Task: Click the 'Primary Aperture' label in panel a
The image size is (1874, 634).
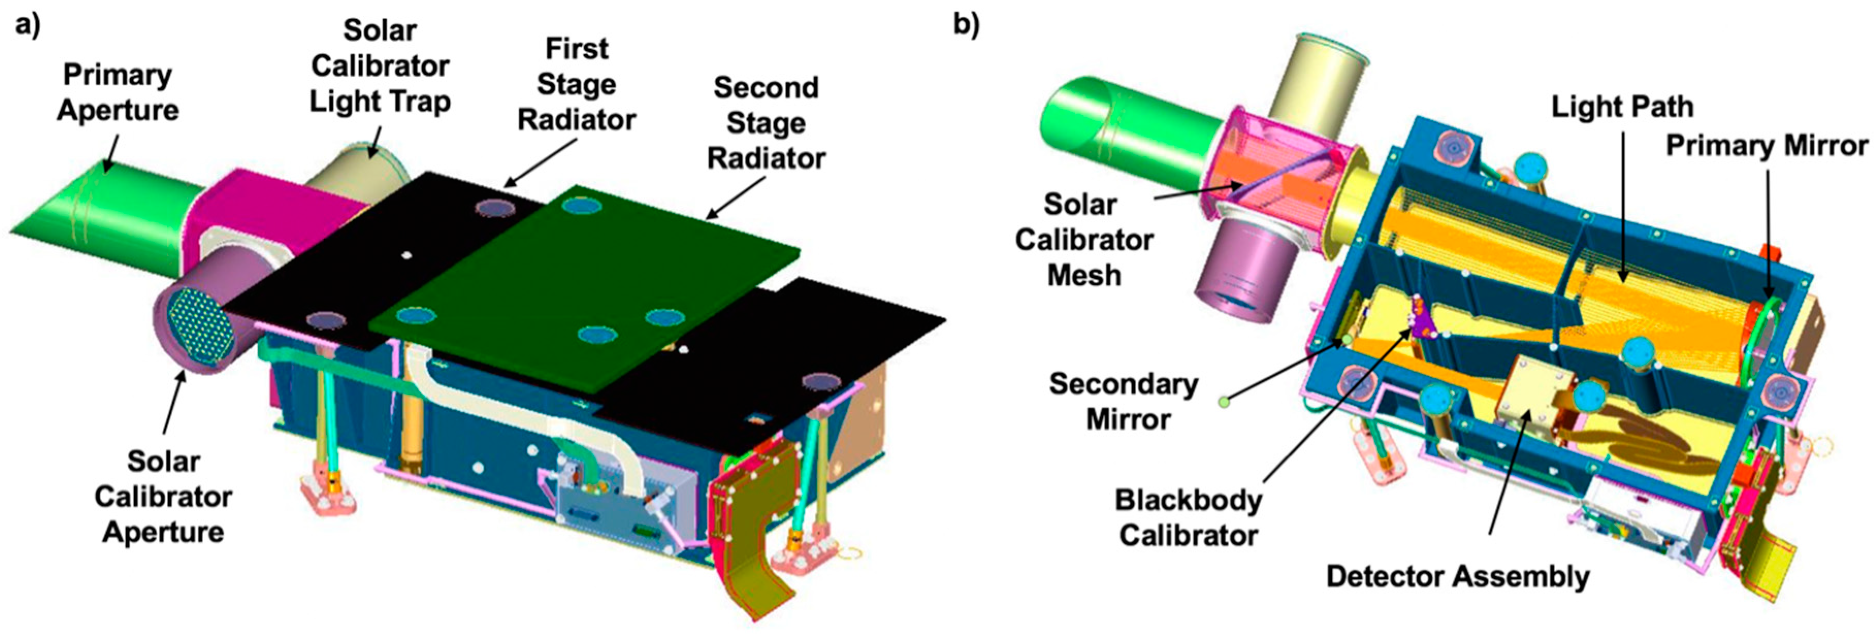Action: click(118, 92)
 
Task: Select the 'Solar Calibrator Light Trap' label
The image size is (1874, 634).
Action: click(380, 66)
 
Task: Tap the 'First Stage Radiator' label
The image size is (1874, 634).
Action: click(576, 85)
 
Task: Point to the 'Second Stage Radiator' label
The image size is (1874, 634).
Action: click(766, 123)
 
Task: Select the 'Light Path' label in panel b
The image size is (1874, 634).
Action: click(1622, 107)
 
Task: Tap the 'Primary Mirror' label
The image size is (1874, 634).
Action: click(1766, 145)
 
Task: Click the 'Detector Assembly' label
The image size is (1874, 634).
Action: click(1457, 577)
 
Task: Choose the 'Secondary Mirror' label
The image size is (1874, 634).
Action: click(1124, 402)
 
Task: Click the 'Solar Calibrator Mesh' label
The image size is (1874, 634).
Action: click(1083, 240)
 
